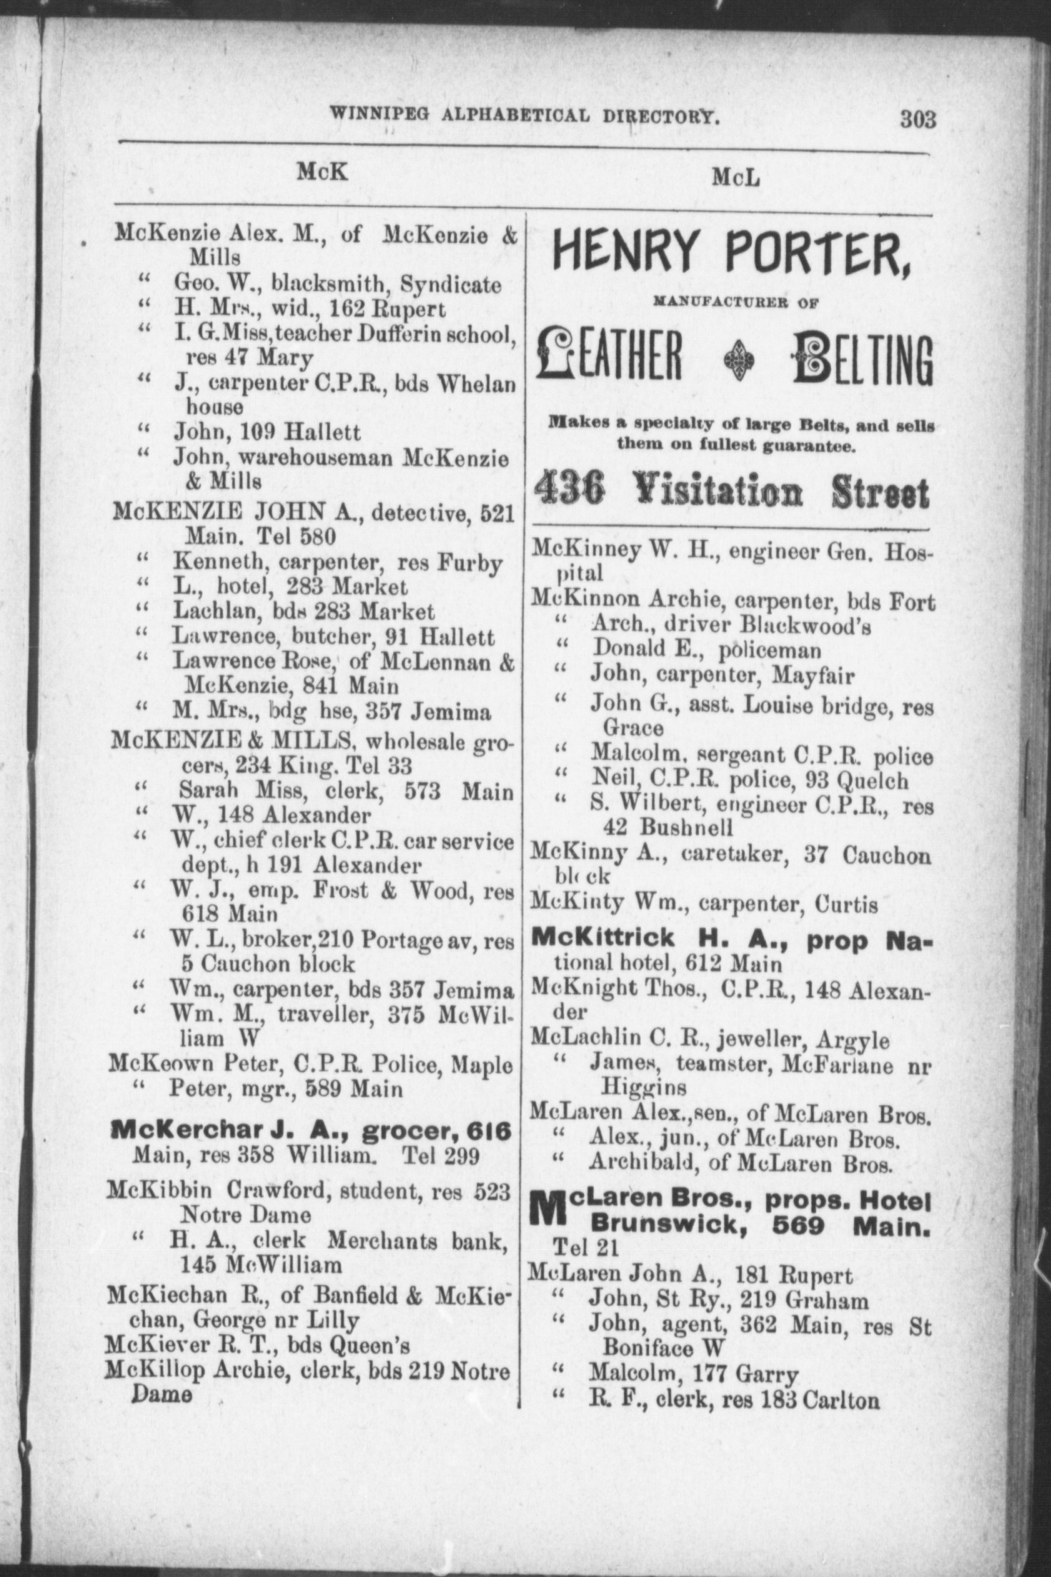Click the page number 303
(x=917, y=119)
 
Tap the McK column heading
(x=323, y=171)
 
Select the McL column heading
(x=735, y=178)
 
